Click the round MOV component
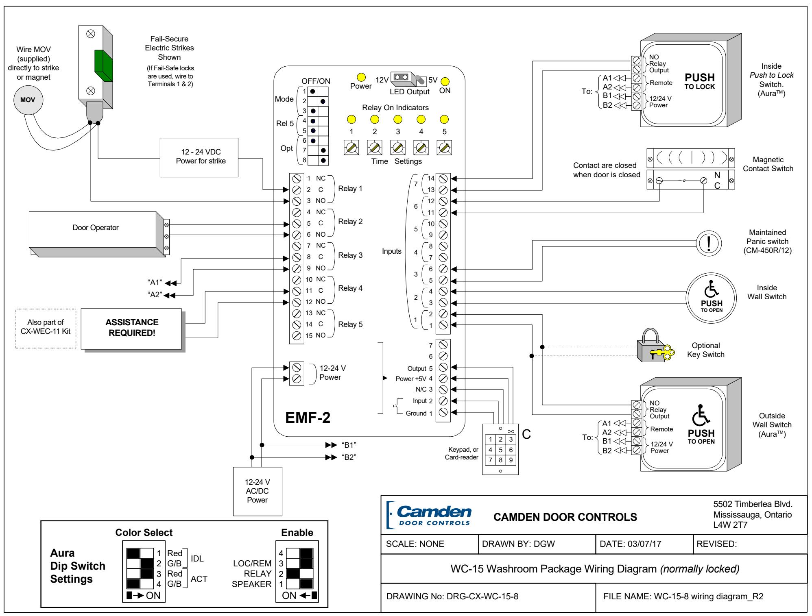[x=28, y=100]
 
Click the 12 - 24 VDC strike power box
[x=199, y=157]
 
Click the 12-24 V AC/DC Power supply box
[x=257, y=491]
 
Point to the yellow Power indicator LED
[x=361, y=77]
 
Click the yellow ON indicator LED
[x=445, y=81]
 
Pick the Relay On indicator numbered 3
[x=398, y=120]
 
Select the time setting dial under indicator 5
[x=444, y=147]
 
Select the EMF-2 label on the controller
[x=308, y=418]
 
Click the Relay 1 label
[x=350, y=189]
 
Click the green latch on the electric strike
[x=103, y=66]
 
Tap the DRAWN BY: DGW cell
[x=537, y=544]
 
